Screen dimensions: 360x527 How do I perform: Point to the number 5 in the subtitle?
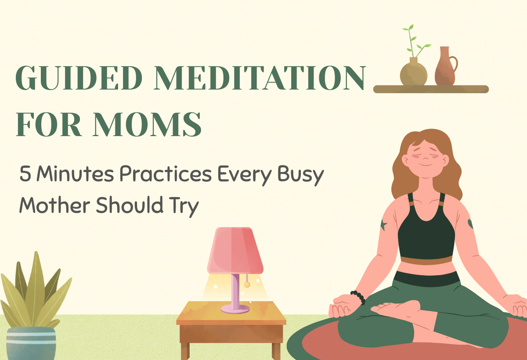coord(25,175)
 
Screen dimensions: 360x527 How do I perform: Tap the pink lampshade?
coord(236,250)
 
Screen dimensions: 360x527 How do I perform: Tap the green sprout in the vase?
coord(411,42)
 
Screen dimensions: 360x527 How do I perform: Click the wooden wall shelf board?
coord(430,89)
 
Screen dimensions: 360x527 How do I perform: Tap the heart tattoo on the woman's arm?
coord(470,223)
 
